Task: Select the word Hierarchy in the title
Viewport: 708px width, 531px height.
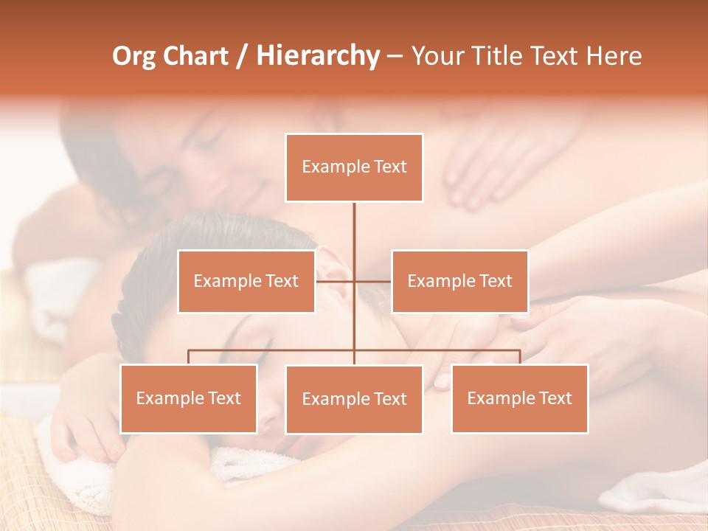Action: [x=318, y=56]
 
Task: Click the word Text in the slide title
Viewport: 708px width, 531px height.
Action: [x=554, y=56]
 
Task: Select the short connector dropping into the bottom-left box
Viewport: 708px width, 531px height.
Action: [x=189, y=357]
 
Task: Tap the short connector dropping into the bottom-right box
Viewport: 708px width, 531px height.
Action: [x=520, y=357]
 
